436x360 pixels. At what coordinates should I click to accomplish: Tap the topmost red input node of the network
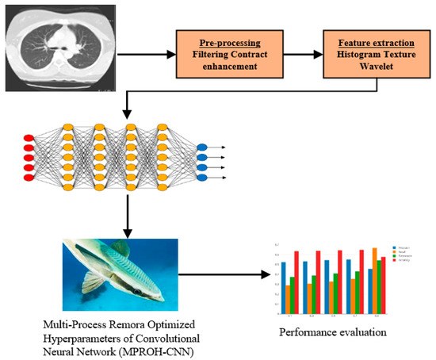[29, 139]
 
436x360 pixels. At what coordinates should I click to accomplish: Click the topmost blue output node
[202, 147]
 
